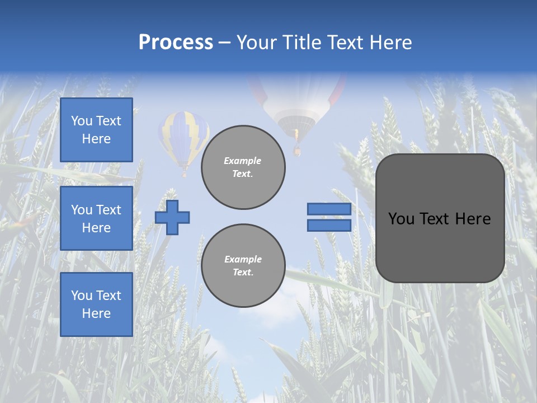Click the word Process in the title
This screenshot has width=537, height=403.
pos(176,43)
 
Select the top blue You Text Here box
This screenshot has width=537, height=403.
pos(96,130)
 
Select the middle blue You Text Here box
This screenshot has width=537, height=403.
pos(96,218)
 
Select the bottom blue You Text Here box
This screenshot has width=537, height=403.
pos(96,304)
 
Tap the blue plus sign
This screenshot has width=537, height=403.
pos(172,217)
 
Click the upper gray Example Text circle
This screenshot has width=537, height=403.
pos(243,167)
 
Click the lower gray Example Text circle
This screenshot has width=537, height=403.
pos(243,265)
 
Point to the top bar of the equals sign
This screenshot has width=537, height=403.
pos(329,209)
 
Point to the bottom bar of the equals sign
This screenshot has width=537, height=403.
pos(329,225)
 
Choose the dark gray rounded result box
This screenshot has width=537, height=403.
pos(440,218)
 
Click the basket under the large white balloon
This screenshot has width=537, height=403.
pos(297,150)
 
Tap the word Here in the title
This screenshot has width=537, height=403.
pos(390,43)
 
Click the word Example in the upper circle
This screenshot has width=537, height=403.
pos(242,161)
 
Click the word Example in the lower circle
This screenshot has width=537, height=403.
pos(243,259)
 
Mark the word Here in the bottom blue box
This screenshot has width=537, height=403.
pos(96,313)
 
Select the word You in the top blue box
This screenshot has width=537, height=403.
pos(82,121)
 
